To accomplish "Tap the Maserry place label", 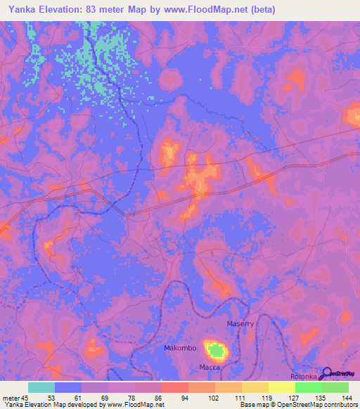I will [x=240, y=323].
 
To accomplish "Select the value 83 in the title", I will [x=94, y=10].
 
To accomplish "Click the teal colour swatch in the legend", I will [x=41, y=387].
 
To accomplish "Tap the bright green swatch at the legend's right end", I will [x=335, y=387].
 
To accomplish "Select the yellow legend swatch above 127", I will [x=281, y=387].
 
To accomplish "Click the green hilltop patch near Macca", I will [x=217, y=350].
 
